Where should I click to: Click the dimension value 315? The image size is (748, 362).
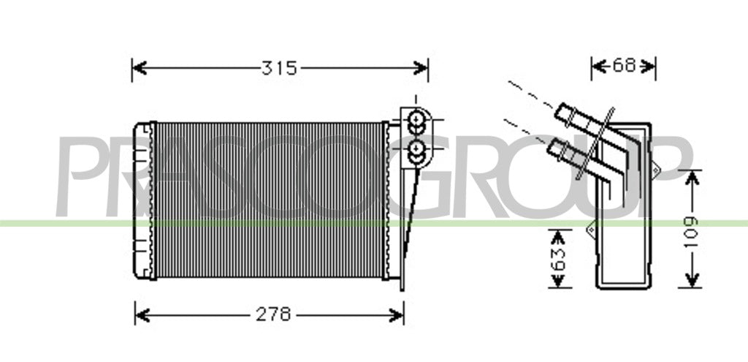(279, 68)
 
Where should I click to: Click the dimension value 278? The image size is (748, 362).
(273, 314)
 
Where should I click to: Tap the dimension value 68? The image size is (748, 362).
(624, 65)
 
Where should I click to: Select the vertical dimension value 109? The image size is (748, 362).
(692, 232)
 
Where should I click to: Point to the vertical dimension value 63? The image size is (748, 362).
(560, 258)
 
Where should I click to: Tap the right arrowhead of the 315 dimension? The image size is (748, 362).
(421, 68)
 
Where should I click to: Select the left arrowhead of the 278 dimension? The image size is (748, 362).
(142, 315)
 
